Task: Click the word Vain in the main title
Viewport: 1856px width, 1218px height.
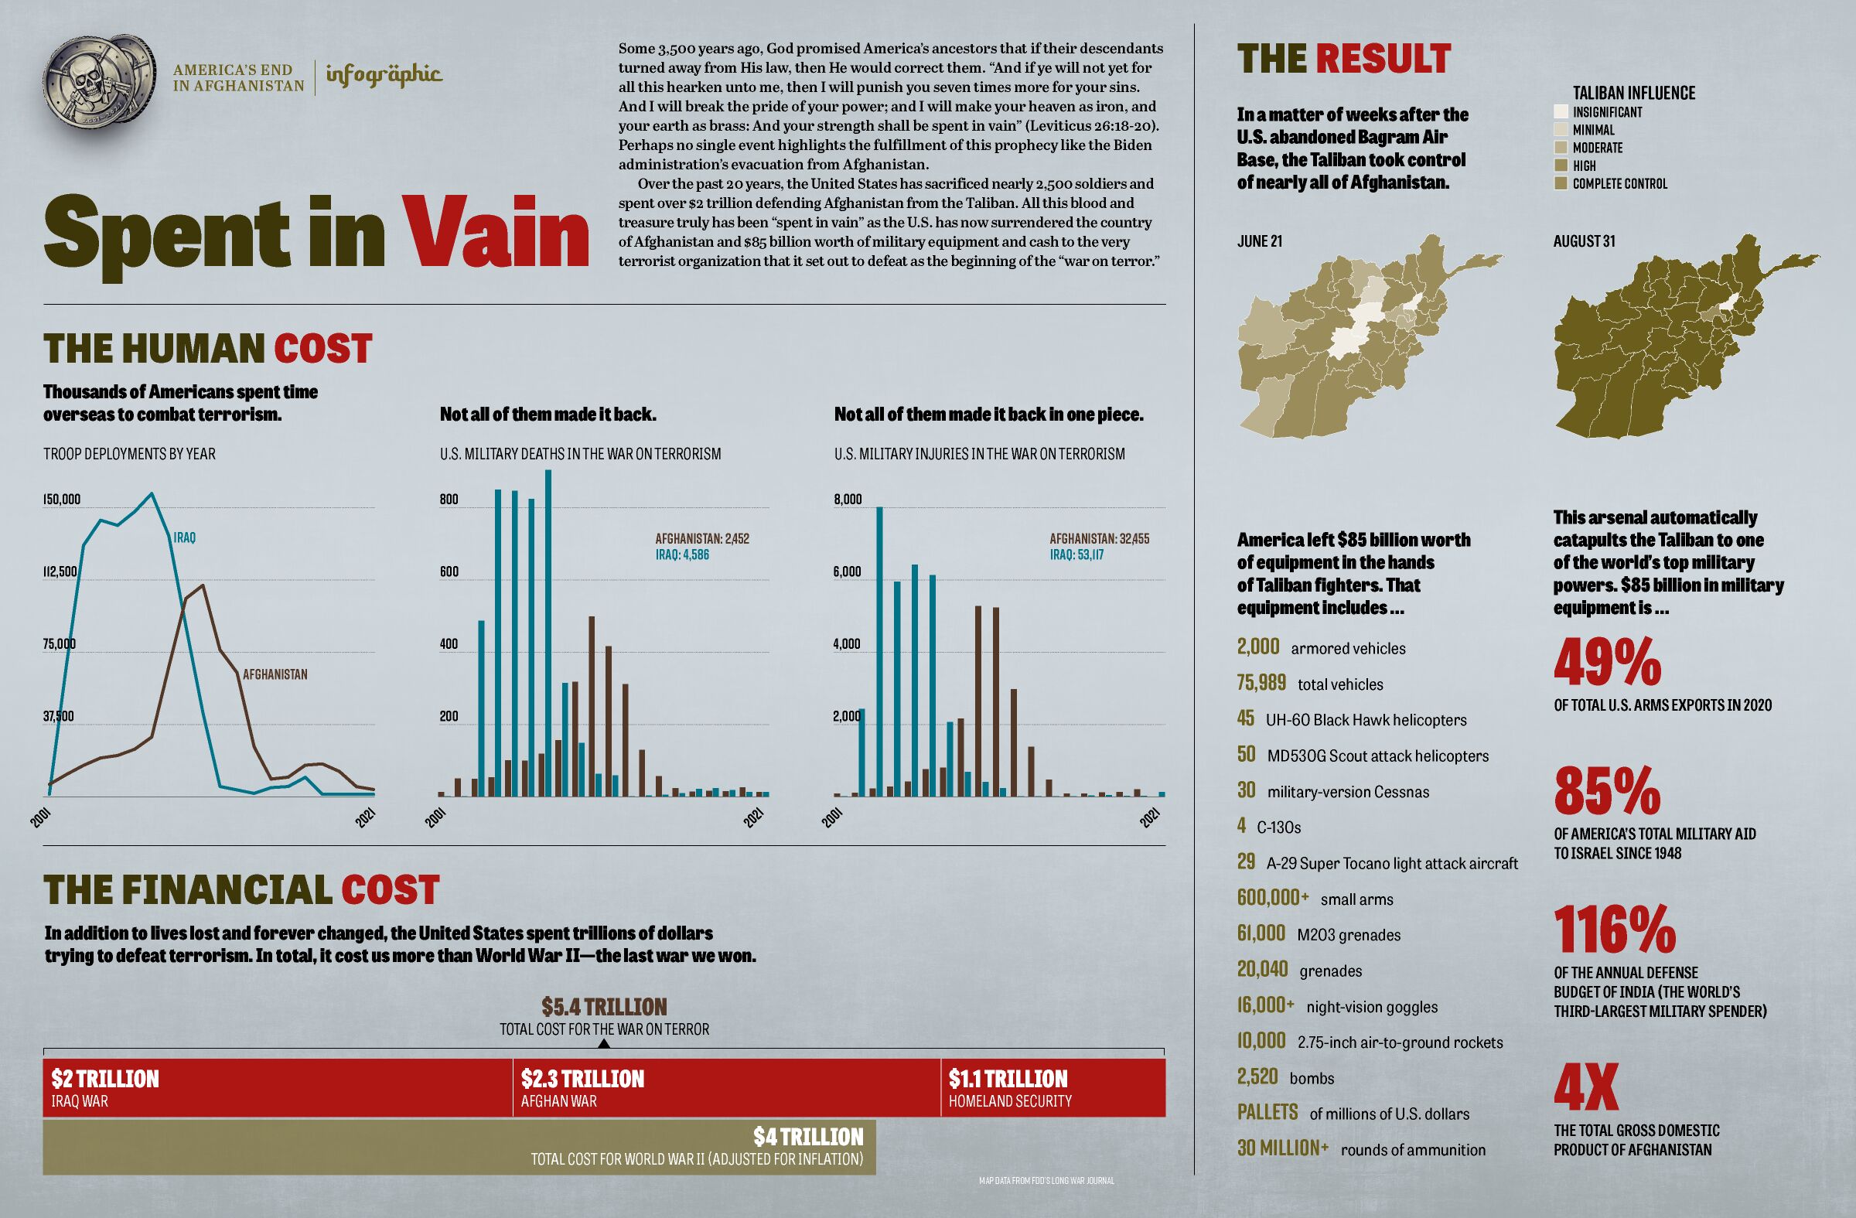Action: (495, 232)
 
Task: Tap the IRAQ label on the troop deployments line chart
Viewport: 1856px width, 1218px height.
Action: (184, 538)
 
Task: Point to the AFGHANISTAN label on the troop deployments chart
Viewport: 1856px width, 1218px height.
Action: (275, 674)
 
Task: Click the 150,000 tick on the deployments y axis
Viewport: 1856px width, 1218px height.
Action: (62, 499)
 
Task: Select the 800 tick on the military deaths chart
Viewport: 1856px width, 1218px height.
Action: (449, 499)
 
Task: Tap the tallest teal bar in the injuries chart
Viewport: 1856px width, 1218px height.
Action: (879, 651)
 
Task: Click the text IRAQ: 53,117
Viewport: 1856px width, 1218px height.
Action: (1076, 555)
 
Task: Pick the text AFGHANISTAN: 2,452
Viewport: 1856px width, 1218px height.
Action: (702, 539)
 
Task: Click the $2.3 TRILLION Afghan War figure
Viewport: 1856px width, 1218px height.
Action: (582, 1080)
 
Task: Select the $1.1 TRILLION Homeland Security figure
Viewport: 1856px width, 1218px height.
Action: (1008, 1080)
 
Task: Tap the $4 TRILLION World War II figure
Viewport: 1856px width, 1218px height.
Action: (808, 1137)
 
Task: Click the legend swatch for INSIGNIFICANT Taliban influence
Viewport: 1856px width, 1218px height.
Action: (1561, 112)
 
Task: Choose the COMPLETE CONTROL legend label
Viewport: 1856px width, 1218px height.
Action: (1619, 184)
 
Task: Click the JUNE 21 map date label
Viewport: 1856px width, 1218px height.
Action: (1260, 242)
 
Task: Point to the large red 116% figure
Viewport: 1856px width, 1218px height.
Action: (1613, 930)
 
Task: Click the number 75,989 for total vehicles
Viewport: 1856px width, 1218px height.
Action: (1261, 683)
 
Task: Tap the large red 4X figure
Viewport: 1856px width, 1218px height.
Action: (1585, 1088)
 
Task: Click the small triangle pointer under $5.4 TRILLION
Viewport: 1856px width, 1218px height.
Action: (604, 1043)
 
